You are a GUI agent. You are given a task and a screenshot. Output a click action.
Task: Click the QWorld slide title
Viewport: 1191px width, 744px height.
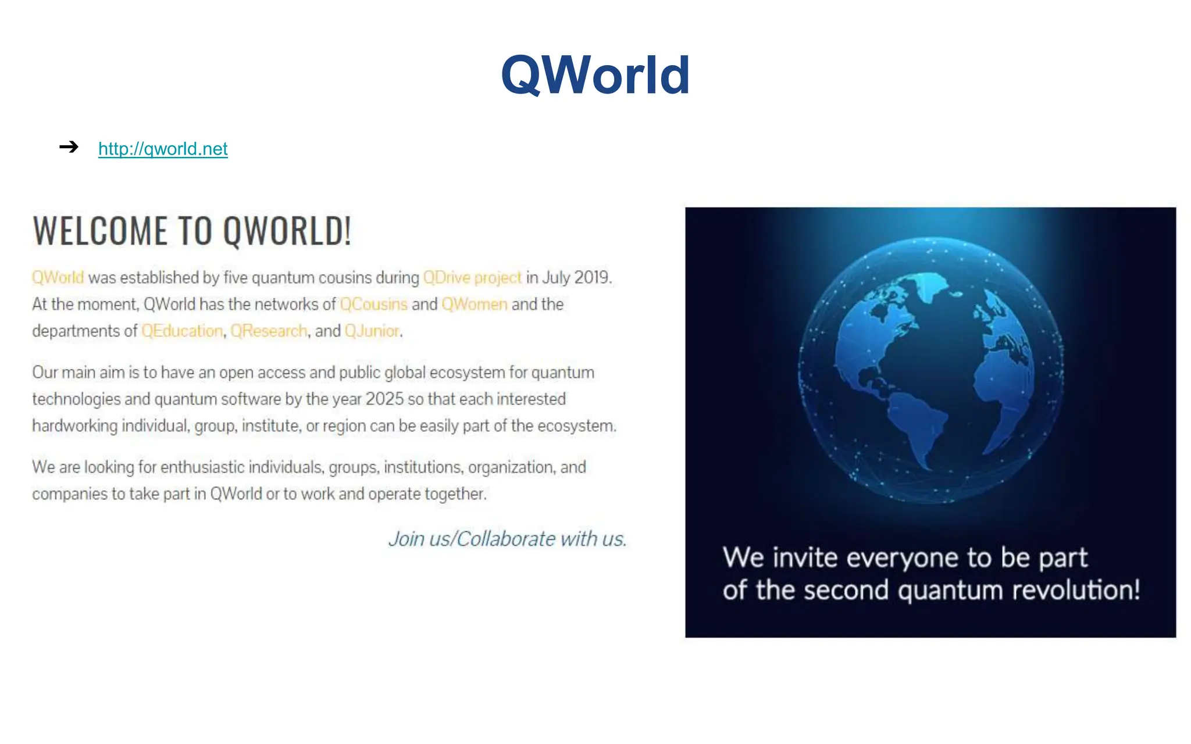click(x=595, y=75)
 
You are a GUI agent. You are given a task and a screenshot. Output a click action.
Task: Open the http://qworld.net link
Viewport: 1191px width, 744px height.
click(x=163, y=149)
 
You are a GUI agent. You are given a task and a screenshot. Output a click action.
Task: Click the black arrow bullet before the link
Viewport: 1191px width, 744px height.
click(x=69, y=146)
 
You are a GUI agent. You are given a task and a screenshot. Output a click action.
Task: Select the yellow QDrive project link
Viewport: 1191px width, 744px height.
click(x=472, y=278)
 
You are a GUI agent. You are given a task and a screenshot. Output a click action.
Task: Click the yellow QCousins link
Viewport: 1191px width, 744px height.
click(x=373, y=305)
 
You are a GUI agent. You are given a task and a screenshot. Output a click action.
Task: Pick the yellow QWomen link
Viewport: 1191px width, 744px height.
click(x=474, y=305)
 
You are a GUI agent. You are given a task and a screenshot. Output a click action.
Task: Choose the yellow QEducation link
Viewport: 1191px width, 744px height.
click(x=182, y=331)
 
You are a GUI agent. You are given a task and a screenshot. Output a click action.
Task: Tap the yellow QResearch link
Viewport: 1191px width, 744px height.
click(x=269, y=331)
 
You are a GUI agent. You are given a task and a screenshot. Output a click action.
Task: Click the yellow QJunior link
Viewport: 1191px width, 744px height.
click(x=372, y=331)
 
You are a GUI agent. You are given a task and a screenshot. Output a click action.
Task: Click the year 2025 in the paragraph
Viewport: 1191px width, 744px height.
click(x=384, y=399)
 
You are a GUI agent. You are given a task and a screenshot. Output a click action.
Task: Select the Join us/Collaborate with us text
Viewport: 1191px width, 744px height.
click(x=507, y=539)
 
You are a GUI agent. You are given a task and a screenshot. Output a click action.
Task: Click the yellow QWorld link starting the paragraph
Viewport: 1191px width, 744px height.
click(x=58, y=278)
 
